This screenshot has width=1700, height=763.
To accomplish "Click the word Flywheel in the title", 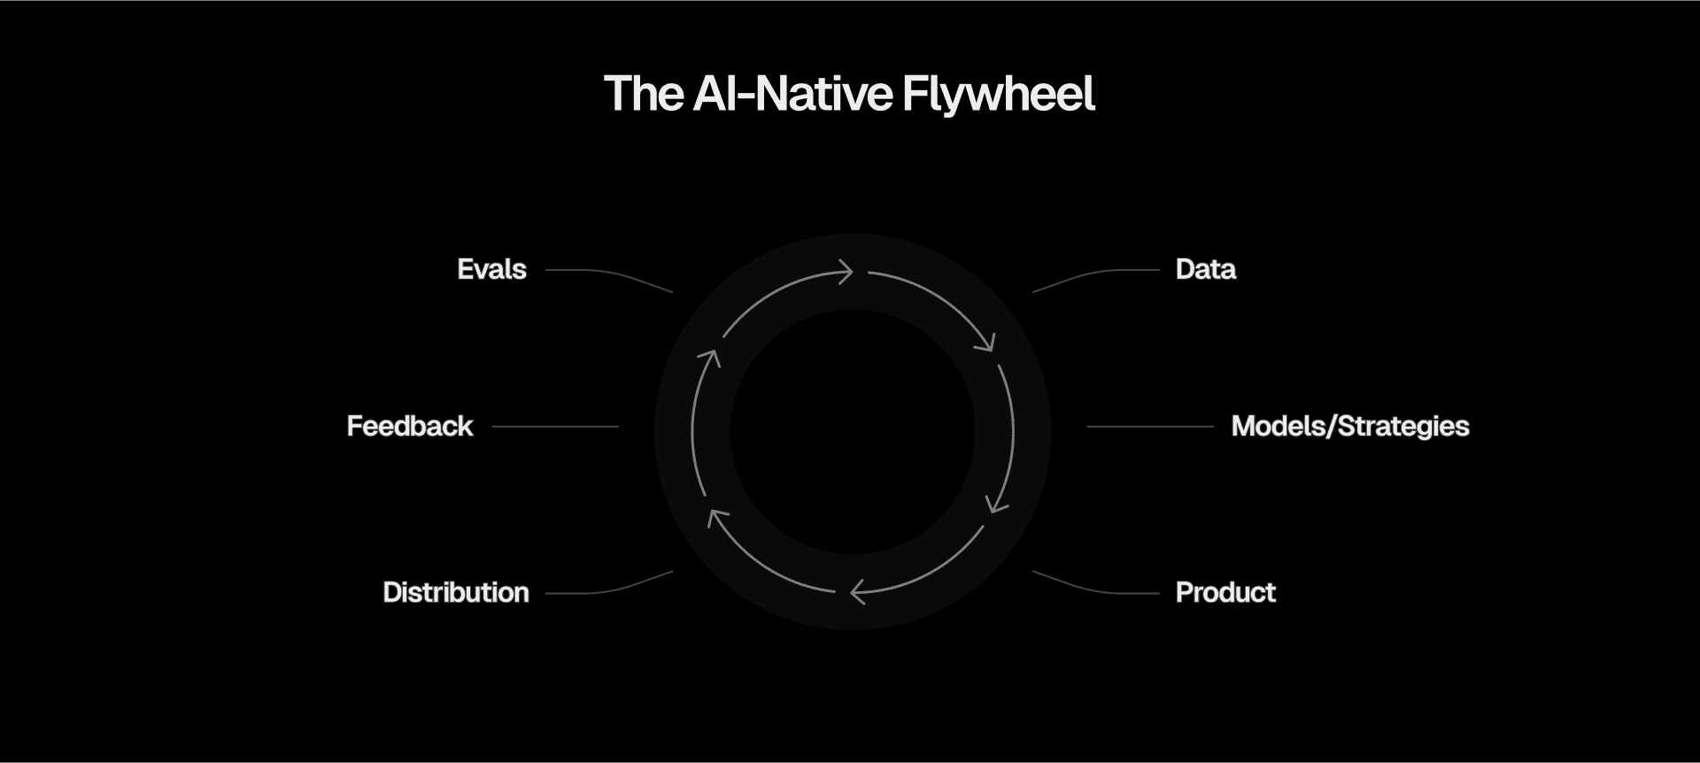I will pos(998,95).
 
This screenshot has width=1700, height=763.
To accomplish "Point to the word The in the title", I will pos(644,94).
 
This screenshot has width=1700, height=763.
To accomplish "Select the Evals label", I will pos(491,269).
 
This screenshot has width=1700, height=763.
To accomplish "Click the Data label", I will pos(1205,269).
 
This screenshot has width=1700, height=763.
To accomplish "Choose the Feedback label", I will pos(410,427).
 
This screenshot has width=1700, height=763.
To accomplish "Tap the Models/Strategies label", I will pos(1349,427).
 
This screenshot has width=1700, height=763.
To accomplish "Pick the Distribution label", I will pos(456,592).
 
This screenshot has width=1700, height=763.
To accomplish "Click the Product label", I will pos(1225,592).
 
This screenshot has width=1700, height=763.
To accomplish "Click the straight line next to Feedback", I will pos(555,427).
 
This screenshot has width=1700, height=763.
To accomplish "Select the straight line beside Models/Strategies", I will pos(1149,427).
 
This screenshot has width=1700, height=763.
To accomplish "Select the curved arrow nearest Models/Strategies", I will pos(1011,434).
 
